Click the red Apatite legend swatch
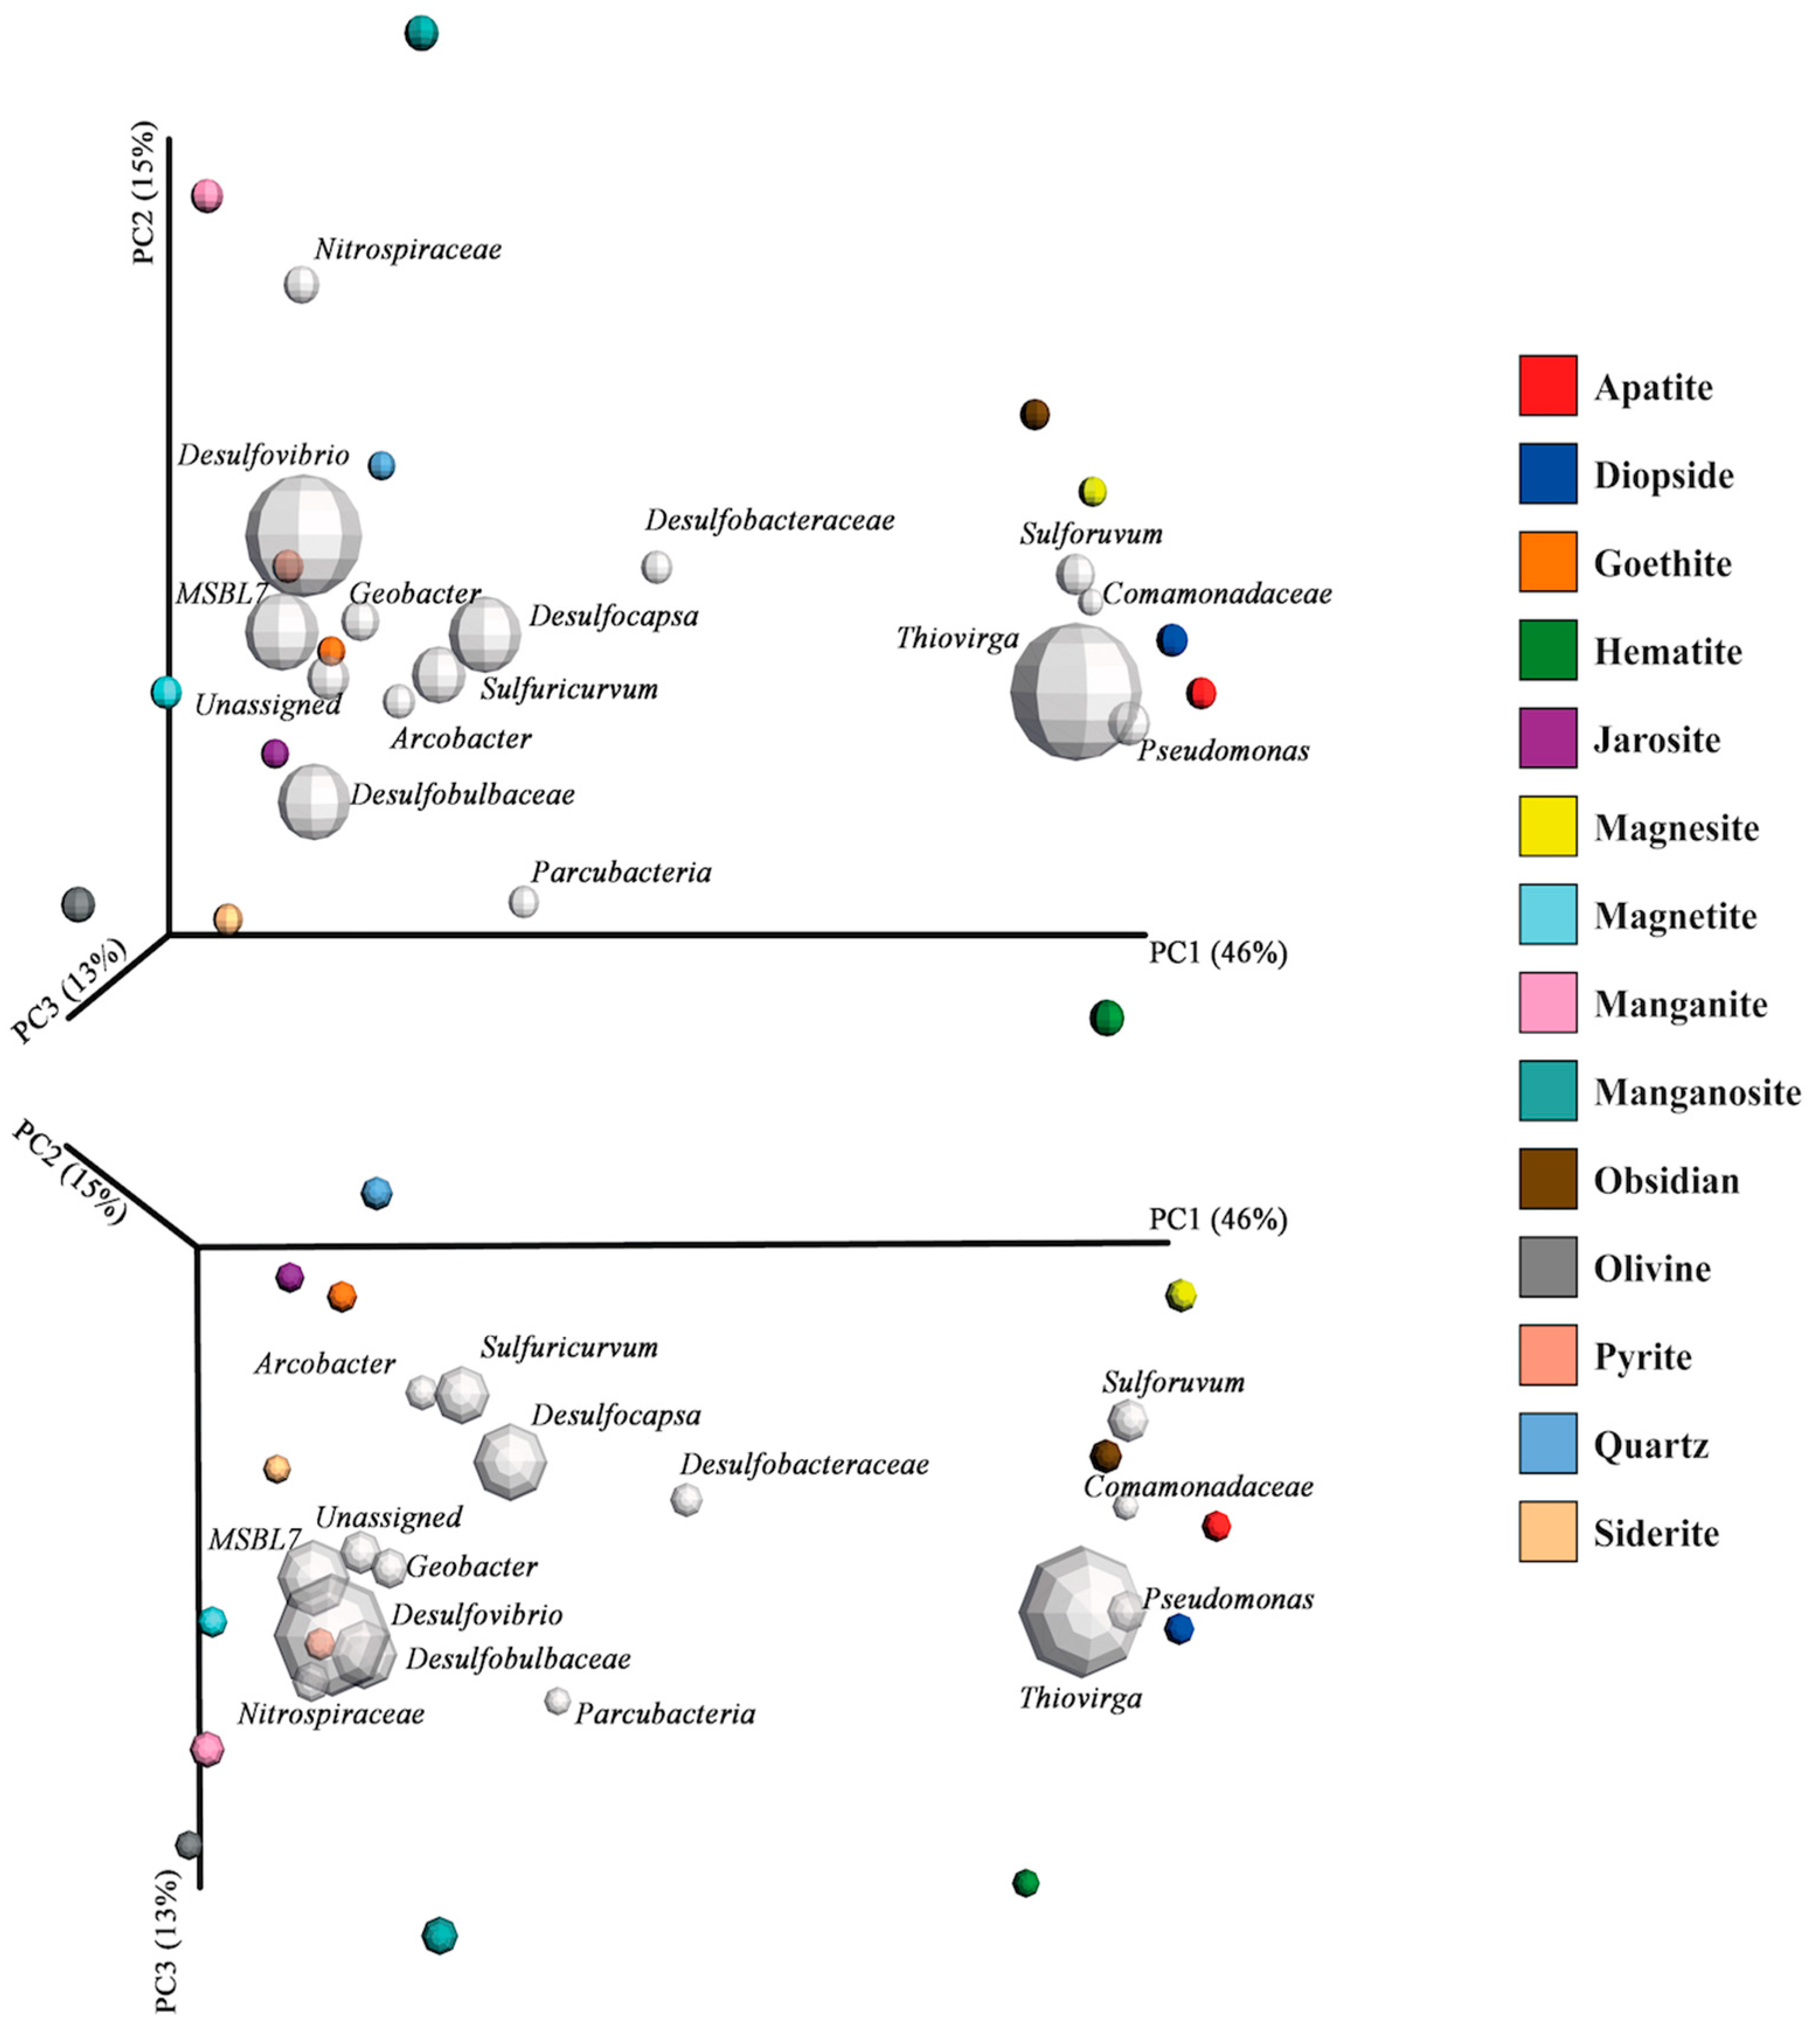(1547, 385)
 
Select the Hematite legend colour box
(1547, 650)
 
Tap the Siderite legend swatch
(1547, 1530)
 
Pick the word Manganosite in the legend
(1697, 1092)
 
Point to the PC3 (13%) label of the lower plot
(167, 1939)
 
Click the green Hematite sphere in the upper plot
(1106, 1018)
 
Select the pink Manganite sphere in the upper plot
(207, 195)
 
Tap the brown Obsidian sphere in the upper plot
(1034, 414)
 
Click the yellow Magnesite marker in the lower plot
(1180, 1295)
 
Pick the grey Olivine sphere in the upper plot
(78, 904)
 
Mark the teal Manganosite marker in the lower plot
(439, 1935)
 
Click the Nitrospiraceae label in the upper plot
(408, 249)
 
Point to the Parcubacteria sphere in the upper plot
(523, 901)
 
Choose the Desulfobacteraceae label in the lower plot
(804, 1464)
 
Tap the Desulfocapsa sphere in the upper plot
(484, 634)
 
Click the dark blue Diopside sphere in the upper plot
(1172, 640)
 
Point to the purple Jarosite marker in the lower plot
(289, 1276)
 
